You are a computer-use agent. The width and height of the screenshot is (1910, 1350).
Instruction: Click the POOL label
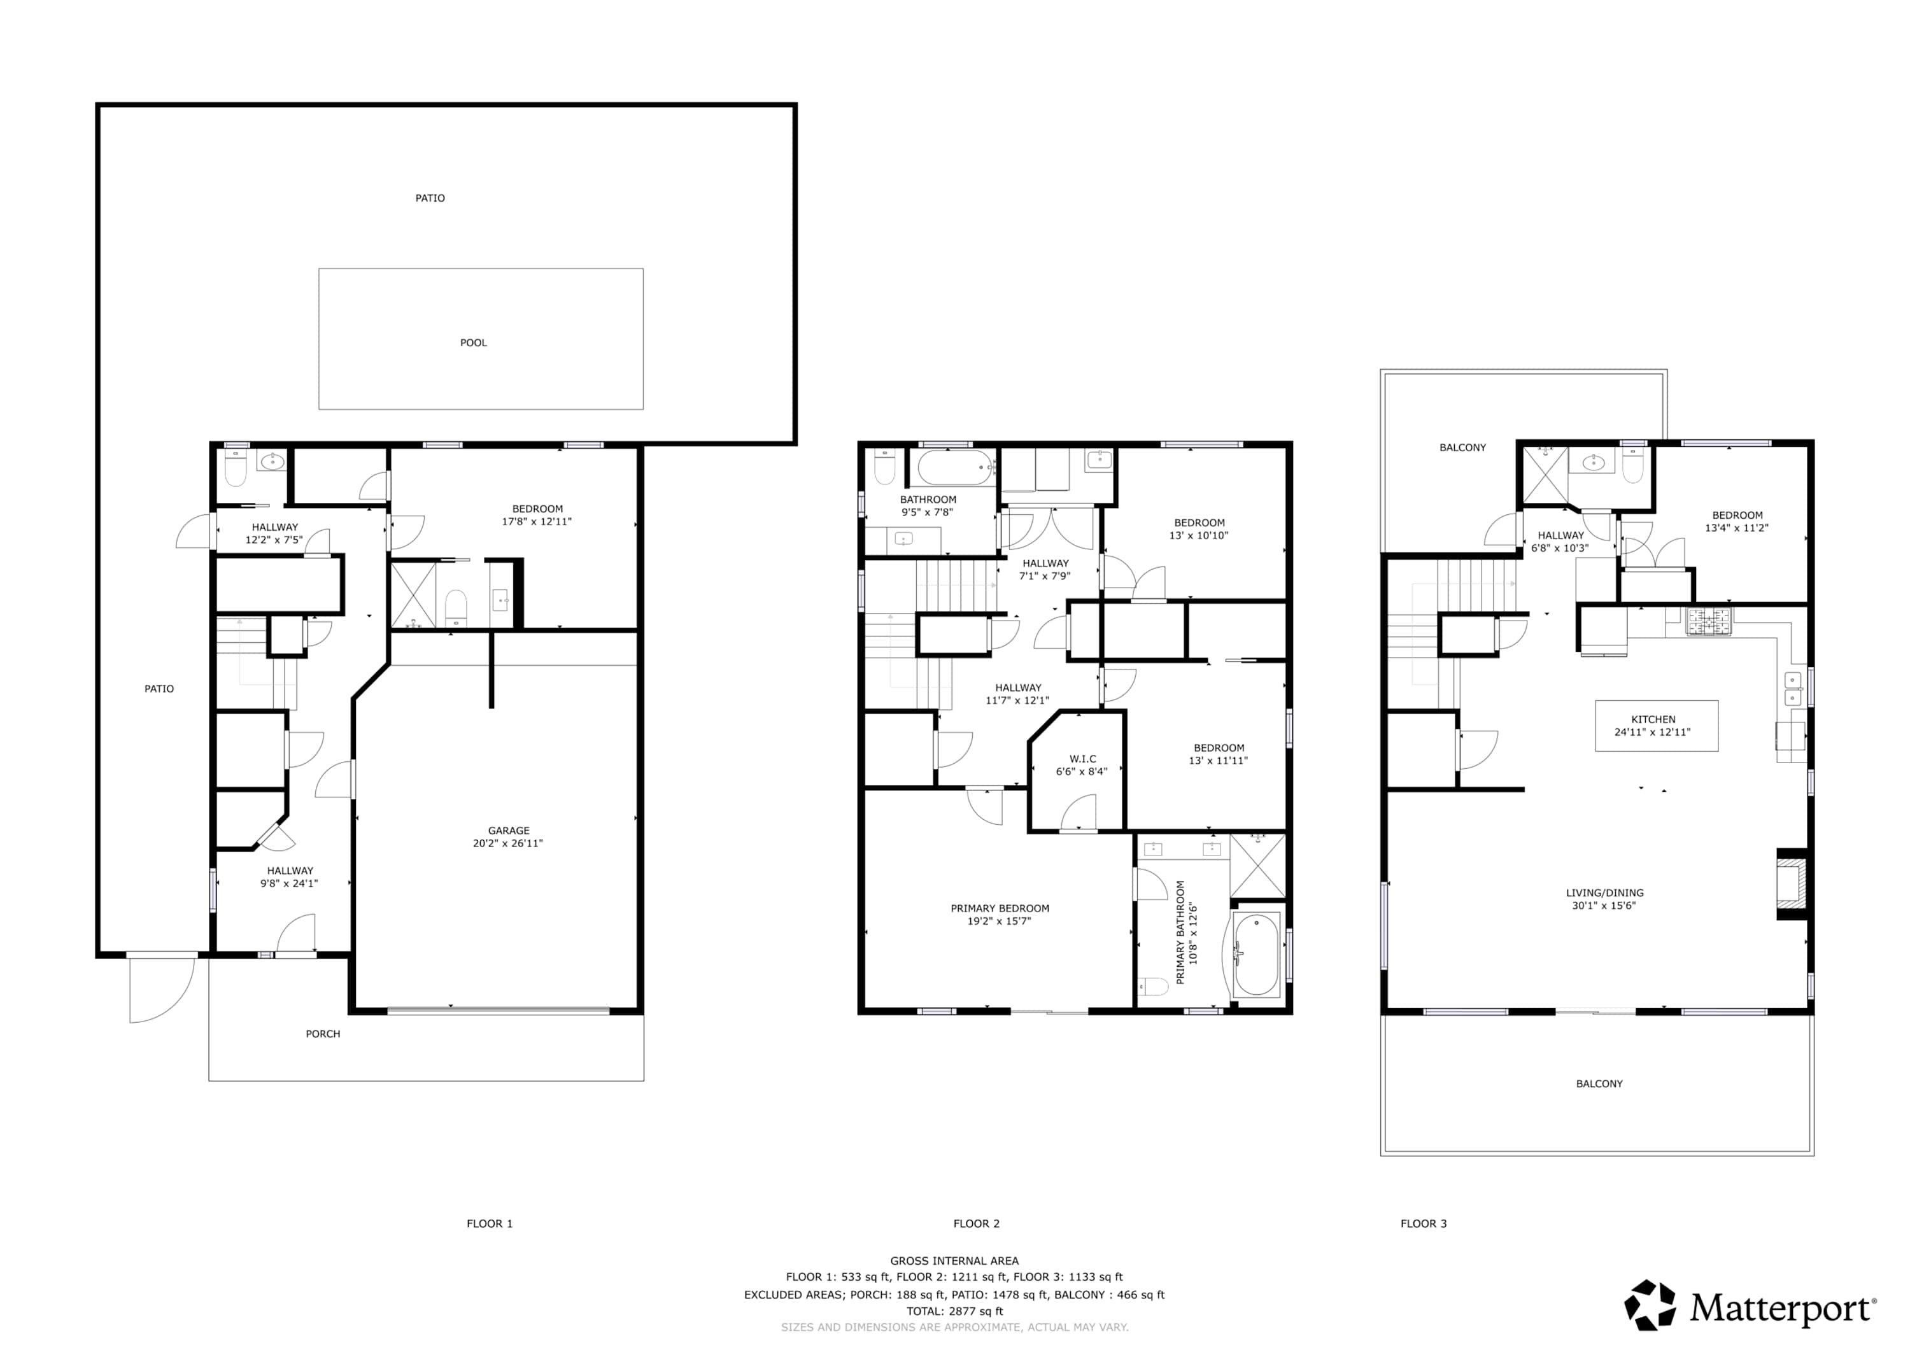coord(473,342)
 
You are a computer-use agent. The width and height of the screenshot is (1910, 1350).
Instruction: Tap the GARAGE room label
coord(508,830)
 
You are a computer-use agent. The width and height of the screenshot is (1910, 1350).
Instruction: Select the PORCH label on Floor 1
coord(323,1034)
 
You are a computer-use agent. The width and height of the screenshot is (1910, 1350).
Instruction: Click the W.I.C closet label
coord(1082,759)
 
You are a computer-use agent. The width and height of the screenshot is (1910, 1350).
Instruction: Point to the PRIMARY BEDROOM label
coord(1000,908)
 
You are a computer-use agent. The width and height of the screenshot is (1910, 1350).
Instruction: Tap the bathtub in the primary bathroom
coord(1256,955)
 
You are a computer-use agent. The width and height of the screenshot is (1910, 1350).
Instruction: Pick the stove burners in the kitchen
coord(1709,621)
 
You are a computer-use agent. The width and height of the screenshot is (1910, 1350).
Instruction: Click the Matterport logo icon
coord(1650,1304)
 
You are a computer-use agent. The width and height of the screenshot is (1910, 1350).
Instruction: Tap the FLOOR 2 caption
coord(977,1223)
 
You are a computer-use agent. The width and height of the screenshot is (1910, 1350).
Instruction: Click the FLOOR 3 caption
coord(1424,1223)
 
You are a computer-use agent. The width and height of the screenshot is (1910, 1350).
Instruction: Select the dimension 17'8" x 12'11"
coord(537,521)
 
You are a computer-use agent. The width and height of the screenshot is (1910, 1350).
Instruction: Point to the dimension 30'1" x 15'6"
coord(1604,906)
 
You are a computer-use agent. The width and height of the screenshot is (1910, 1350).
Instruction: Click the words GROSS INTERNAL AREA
coord(954,1261)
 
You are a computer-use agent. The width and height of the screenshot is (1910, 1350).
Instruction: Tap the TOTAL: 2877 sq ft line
coord(955,1312)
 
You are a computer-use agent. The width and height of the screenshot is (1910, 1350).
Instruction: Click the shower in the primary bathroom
coord(1258,865)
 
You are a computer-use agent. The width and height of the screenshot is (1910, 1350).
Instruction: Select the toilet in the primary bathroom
coord(1153,987)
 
